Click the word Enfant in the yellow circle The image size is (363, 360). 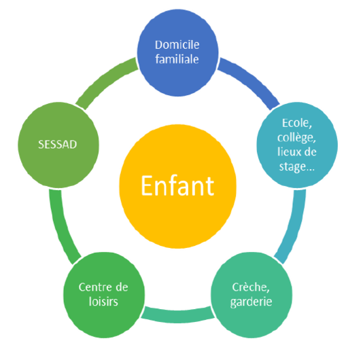pos(177,185)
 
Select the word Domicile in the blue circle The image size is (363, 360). pos(177,45)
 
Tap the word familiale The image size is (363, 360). pos(177,59)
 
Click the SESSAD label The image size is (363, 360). pos(57,145)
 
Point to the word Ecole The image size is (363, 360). pos(297,123)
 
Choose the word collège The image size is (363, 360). pos(296,138)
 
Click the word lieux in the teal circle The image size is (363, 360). pos(289,151)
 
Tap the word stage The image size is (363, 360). pos(292,167)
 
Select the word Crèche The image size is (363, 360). pos(251,287)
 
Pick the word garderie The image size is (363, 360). pos(252,302)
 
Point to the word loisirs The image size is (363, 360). pos(103,302)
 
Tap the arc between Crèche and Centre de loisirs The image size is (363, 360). pos(178,316)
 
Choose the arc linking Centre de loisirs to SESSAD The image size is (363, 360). pos(60,228)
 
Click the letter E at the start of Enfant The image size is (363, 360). pos(147,185)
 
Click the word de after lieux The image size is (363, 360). pos(310,151)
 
